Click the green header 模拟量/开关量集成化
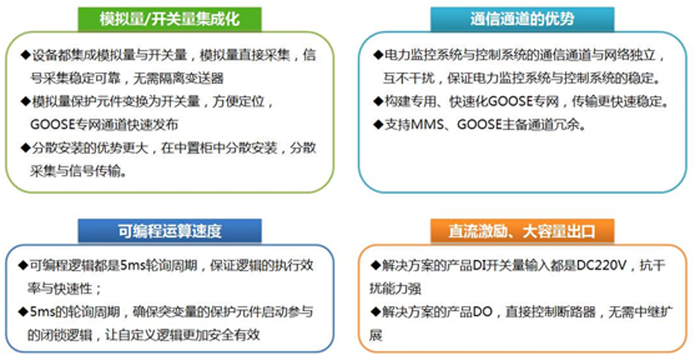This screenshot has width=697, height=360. [x=170, y=19]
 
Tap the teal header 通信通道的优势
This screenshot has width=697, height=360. [x=522, y=19]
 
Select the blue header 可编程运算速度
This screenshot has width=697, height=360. [x=170, y=231]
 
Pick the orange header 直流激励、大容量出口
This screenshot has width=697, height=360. [x=522, y=231]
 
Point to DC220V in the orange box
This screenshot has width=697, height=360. [x=601, y=266]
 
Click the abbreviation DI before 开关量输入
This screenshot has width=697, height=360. [x=479, y=266]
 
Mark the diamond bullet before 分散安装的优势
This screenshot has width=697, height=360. [x=25, y=147]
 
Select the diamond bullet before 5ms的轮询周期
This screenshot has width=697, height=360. [x=23, y=312]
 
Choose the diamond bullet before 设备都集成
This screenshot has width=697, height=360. [x=25, y=56]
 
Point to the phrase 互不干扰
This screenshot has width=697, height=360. [x=409, y=79]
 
